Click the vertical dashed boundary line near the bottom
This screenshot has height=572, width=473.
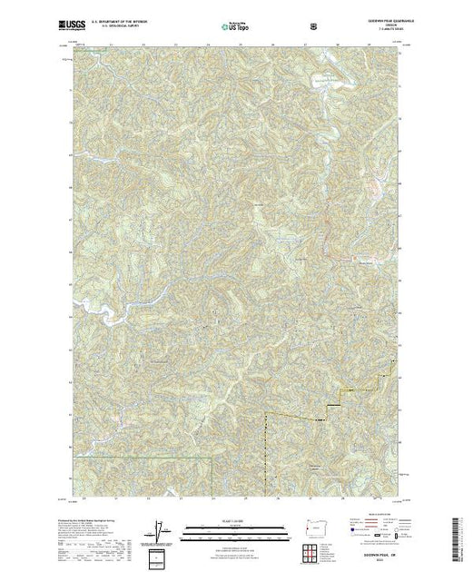(x=266, y=454)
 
